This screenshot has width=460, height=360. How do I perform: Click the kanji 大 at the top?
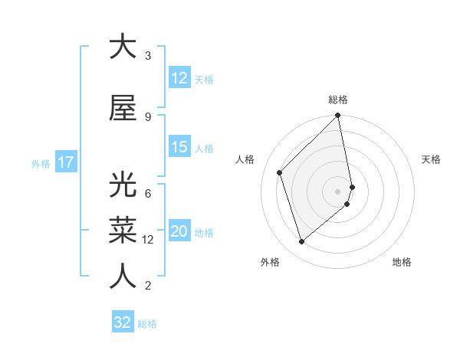[123, 47]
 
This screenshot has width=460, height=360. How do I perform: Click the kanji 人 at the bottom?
[123, 277]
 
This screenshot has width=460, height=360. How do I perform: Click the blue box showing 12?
[179, 78]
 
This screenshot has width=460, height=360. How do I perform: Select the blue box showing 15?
[179, 147]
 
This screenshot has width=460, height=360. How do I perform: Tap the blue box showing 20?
[179, 231]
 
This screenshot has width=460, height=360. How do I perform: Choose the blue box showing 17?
[66, 162]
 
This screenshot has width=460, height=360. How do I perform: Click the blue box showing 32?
[123, 322]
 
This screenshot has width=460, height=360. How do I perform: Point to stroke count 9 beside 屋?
[148, 116]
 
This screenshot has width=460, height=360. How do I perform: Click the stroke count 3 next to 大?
[148, 56]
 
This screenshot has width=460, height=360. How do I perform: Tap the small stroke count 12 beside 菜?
[149, 240]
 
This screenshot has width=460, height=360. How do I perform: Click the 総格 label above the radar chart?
[338, 100]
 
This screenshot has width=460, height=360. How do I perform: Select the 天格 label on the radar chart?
[432, 159]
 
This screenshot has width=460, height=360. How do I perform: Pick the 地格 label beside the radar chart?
[402, 262]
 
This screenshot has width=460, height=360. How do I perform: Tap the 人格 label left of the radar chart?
[245, 159]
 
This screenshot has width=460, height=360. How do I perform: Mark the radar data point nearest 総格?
[338, 116]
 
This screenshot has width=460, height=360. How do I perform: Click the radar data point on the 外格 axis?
[301, 242]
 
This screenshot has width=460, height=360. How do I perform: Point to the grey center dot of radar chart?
[338, 191]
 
